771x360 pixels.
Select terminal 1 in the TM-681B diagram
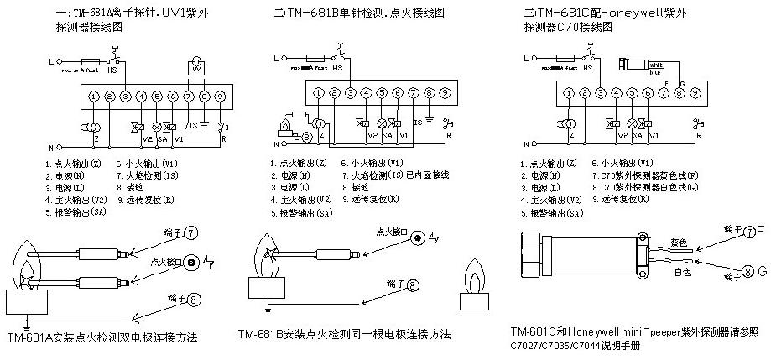coord(319,91)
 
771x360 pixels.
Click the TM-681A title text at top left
coord(116,13)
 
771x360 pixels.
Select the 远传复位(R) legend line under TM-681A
coord(145,201)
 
